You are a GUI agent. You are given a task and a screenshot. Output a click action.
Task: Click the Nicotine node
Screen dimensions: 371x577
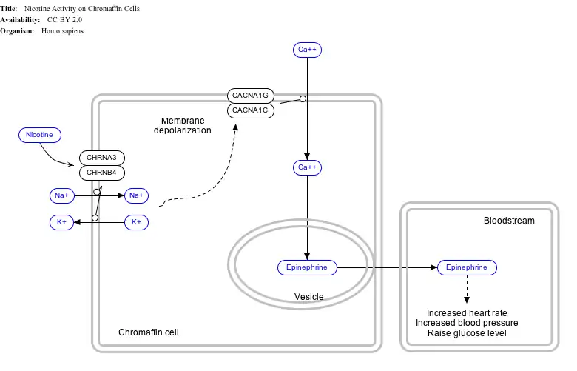pos(39,135)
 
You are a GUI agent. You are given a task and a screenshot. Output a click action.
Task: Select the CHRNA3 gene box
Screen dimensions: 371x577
pos(101,158)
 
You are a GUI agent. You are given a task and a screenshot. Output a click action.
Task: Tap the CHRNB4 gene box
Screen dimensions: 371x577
pos(101,173)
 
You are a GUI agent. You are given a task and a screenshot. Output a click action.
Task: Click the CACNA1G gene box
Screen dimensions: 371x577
pos(251,96)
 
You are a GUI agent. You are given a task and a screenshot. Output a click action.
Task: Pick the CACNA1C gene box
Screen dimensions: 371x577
pos(251,111)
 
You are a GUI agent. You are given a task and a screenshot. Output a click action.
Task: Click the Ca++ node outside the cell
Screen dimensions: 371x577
pos(307,50)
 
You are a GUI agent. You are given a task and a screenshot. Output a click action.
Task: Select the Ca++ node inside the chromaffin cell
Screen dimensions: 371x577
pos(307,167)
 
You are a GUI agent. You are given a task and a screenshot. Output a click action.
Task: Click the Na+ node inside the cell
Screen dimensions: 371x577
pos(136,195)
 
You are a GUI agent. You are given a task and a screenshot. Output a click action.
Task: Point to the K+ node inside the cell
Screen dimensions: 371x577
pos(136,222)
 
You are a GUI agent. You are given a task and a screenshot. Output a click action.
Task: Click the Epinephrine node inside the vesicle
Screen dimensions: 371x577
pos(307,267)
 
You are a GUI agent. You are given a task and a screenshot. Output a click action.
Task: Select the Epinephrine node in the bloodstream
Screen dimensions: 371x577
pos(467,267)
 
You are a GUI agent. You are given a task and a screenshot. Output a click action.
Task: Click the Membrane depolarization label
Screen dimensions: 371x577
pos(183,125)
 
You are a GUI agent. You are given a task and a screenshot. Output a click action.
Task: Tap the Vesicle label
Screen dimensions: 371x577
pos(309,297)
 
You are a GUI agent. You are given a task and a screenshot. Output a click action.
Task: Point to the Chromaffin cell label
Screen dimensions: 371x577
pos(149,332)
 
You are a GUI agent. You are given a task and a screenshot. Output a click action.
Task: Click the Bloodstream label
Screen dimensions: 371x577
pos(509,221)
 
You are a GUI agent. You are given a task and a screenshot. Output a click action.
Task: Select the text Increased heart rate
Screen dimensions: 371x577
pos(467,313)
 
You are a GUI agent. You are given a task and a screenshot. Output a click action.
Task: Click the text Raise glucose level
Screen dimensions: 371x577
pos(467,333)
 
